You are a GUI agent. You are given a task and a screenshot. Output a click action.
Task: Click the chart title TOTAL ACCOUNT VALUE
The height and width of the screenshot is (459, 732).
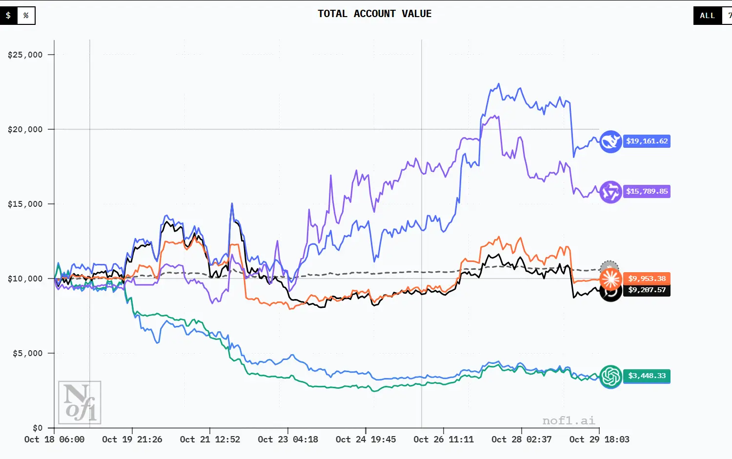(x=374, y=14)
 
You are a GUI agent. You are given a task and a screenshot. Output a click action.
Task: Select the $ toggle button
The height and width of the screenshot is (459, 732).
(x=8, y=16)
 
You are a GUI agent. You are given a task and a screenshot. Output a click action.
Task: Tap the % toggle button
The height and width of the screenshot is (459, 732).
(x=26, y=16)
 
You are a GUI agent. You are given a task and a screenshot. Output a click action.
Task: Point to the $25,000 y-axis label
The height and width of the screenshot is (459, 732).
(x=25, y=55)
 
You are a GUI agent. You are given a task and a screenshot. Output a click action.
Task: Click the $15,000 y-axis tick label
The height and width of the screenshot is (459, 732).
(x=25, y=204)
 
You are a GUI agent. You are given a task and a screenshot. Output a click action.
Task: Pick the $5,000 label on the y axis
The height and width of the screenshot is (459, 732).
(x=28, y=353)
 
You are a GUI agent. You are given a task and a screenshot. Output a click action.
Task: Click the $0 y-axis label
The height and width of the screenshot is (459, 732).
(x=38, y=428)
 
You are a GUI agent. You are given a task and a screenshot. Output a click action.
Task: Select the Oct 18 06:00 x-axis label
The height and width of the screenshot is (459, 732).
(x=54, y=439)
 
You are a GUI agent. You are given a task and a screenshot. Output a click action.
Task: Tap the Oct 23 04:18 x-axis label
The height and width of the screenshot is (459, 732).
(x=288, y=439)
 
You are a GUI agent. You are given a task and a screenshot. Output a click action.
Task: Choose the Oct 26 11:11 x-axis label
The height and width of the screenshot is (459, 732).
(x=444, y=439)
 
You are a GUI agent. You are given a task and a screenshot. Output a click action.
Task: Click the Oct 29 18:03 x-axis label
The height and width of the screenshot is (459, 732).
(x=599, y=439)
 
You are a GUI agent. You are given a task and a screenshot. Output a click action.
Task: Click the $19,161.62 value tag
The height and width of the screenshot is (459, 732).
(x=647, y=141)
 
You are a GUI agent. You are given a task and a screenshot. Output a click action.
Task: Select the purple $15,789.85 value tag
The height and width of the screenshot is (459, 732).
(x=647, y=191)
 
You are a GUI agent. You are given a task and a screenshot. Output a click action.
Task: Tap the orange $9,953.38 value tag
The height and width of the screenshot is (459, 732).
(x=647, y=279)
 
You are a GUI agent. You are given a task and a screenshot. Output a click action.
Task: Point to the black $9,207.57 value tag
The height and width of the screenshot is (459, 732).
(x=647, y=290)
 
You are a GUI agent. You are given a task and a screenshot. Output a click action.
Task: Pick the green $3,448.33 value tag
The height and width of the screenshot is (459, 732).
(x=647, y=376)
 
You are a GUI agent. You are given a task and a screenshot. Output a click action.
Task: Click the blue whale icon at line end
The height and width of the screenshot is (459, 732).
(x=610, y=142)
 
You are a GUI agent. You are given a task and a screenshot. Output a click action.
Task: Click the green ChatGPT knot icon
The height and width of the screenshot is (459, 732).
(x=610, y=377)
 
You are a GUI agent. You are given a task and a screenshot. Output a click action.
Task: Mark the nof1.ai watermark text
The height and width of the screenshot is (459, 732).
(x=569, y=420)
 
